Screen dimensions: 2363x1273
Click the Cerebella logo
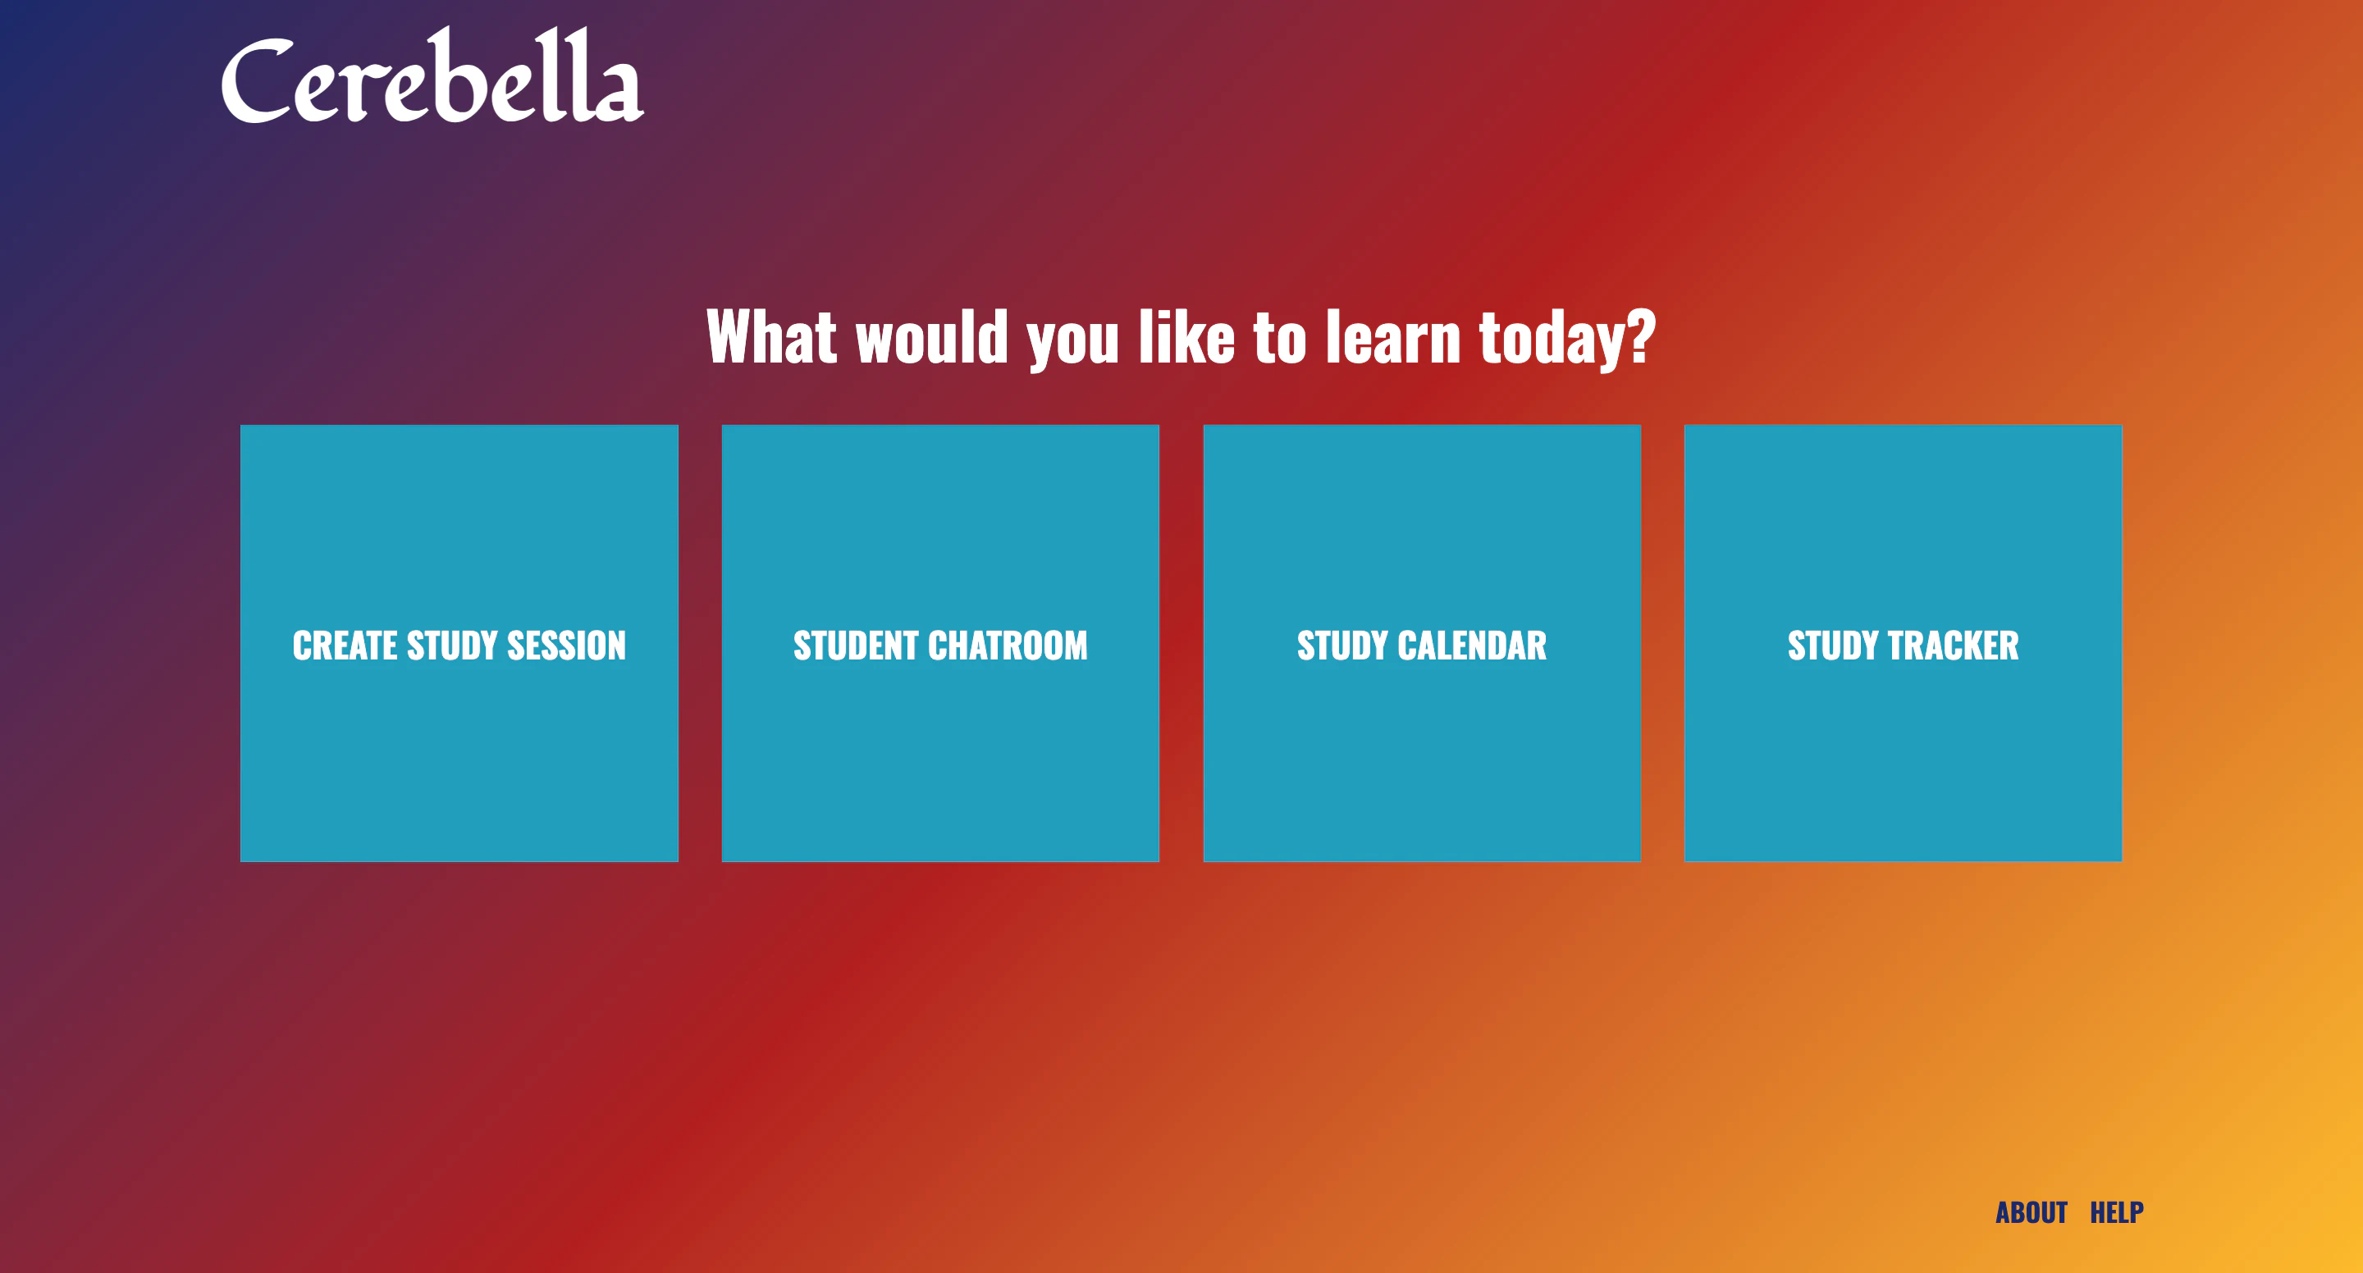pyautogui.click(x=432, y=75)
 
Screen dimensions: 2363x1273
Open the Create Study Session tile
pyautogui.click(x=459, y=643)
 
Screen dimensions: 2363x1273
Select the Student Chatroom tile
pyautogui.click(x=940, y=643)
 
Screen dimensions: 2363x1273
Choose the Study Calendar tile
pyautogui.click(x=1422, y=643)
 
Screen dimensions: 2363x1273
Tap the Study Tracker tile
pyautogui.click(x=1904, y=643)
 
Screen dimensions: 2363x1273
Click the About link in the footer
pyautogui.click(x=2031, y=1212)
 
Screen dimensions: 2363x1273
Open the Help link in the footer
pyautogui.click(x=2116, y=1212)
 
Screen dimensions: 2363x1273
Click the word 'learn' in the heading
pyautogui.click(x=1393, y=336)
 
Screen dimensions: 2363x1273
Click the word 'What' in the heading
pyautogui.click(x=771, y=336)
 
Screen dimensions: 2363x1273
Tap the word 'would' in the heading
pyautogui.click(x=932, y=336)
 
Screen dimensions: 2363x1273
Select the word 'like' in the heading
pyautogui.click(x=1187, y=336)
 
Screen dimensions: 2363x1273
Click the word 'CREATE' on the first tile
pyautogui.click(x=345, y=646)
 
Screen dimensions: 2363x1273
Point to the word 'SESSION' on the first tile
pyautogui.click(x=566, y=646)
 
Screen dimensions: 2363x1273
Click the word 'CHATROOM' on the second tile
pyautogui.click(x=1008, y=646)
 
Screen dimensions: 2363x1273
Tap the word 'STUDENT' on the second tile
pyautogui.click(x=856, y=646)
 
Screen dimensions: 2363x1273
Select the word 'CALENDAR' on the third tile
pyautogui.click(x=1472, y=646)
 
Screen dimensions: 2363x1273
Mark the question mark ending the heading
pyautogui.click(x=1642, y=336)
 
